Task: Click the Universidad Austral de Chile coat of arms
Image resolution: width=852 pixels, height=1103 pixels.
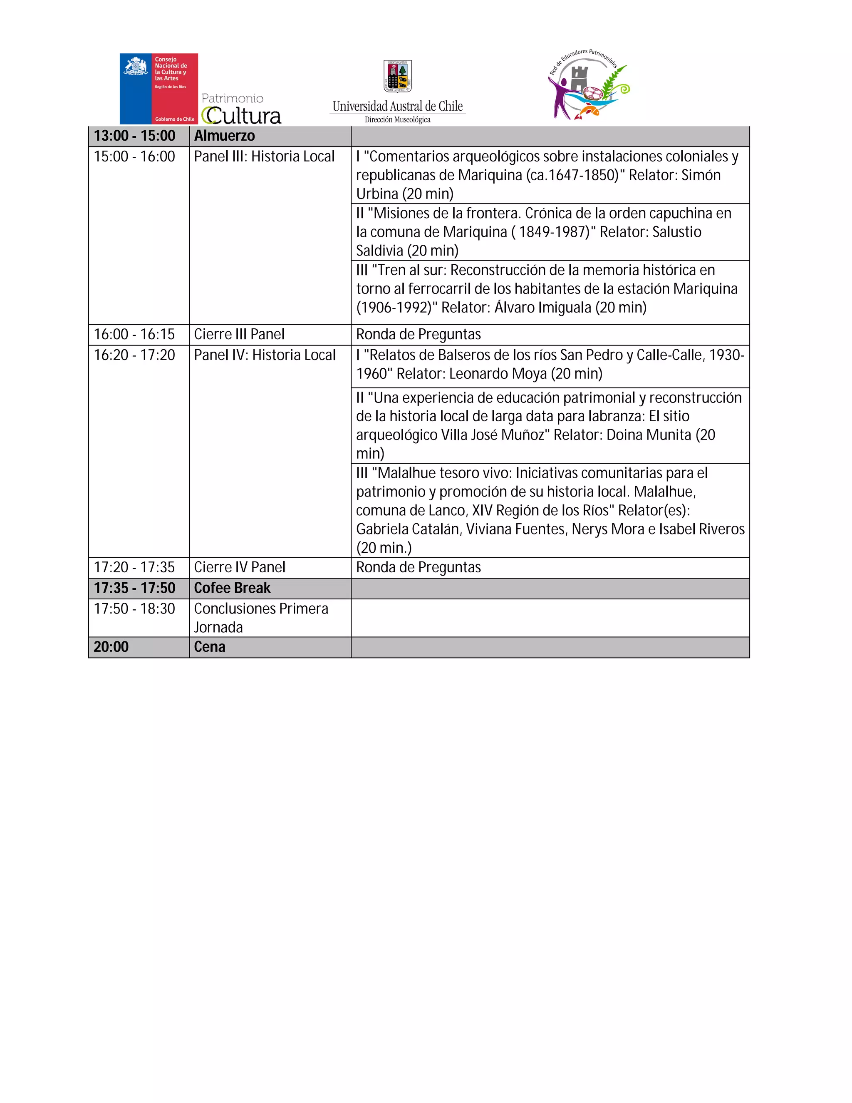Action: point(398,76)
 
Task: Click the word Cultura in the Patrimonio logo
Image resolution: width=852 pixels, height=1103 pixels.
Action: point(242,116)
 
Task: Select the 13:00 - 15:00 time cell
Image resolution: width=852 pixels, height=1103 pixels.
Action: point(135,136)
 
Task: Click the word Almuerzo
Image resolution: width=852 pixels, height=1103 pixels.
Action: point(225,136)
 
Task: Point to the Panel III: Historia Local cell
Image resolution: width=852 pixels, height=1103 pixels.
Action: point(265,157)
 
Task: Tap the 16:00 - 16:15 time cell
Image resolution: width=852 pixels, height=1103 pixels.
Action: point(134,334)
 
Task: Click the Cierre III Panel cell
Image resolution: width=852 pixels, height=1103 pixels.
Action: point(239,334)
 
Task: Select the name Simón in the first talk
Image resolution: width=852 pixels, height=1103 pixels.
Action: point(701,175)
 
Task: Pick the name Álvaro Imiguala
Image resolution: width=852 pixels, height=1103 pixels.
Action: point(542,308)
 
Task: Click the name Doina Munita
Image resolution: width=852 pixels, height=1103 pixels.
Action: point(649,435)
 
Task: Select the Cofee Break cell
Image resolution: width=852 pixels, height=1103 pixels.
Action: point(233,589)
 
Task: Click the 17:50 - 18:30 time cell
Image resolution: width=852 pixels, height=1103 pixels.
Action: point(134,609)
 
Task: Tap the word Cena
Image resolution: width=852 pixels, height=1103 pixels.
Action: point(210,647)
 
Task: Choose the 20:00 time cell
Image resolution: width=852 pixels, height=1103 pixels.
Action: point(111,647)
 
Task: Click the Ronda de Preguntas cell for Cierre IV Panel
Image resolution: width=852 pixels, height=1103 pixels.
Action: point(419,568)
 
